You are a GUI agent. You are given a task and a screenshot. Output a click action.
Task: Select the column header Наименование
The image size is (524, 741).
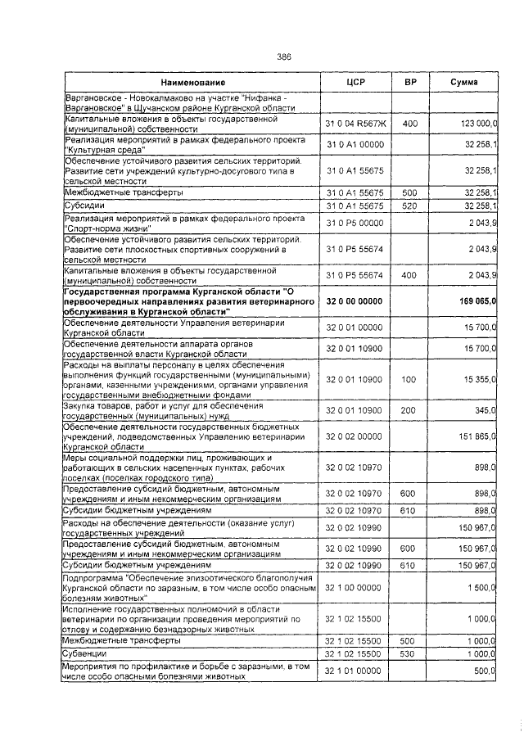coord(192,84)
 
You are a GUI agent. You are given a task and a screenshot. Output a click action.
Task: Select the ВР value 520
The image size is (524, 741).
coord(410,205)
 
